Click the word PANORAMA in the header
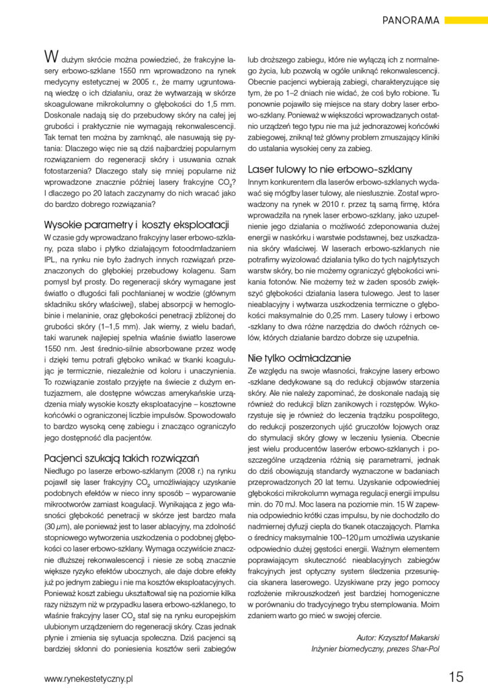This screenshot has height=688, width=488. pyautogui.click(x=411, y=20)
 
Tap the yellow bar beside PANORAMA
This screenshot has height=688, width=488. pyautogui.click(x=466, y=20)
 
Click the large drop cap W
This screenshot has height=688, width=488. pyautogui.click(x=50, y=56)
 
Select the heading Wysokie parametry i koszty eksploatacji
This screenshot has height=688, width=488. pyautogui.click(x=137, y=224)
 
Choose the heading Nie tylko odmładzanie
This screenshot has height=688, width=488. pyautogui.click(x=298, y=357)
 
